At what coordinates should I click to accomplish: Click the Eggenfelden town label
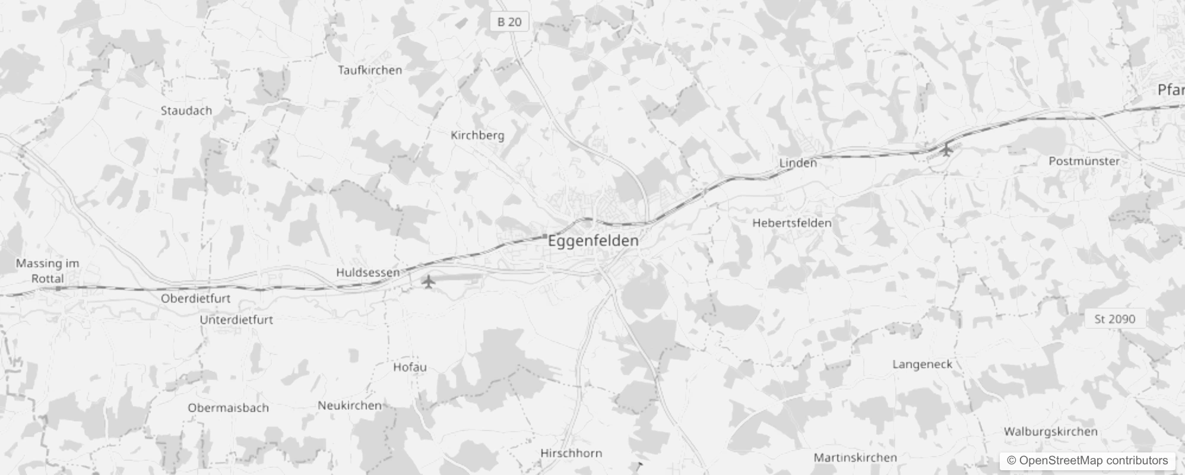coord(593,241)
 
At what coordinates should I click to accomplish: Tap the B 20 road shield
coord(509,22)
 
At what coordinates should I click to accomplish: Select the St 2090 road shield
coord(1114,319)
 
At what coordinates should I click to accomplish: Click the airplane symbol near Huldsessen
coord(428,281)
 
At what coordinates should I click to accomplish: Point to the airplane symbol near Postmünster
coord(946,149)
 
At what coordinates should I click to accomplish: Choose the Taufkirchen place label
coord(370,70)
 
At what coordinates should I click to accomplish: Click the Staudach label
coord(186,110)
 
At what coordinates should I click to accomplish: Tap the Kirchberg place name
coord(477,135)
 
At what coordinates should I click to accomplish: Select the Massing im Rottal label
coord(47,271)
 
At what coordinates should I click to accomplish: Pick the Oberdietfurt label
coord(195,299)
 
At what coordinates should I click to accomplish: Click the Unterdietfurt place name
coord(236,320)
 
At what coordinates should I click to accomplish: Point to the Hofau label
coord(410,367)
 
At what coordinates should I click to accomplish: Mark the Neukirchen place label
coord(350,406)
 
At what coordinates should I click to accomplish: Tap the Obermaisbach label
coord(228,408)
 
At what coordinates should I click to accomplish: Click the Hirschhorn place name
coord(571,453)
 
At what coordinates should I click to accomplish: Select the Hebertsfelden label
coord(792,223)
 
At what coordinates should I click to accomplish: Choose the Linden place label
coord(798,163)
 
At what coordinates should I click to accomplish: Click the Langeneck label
coord(922,365)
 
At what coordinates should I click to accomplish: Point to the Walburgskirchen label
coord(1050,432)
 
